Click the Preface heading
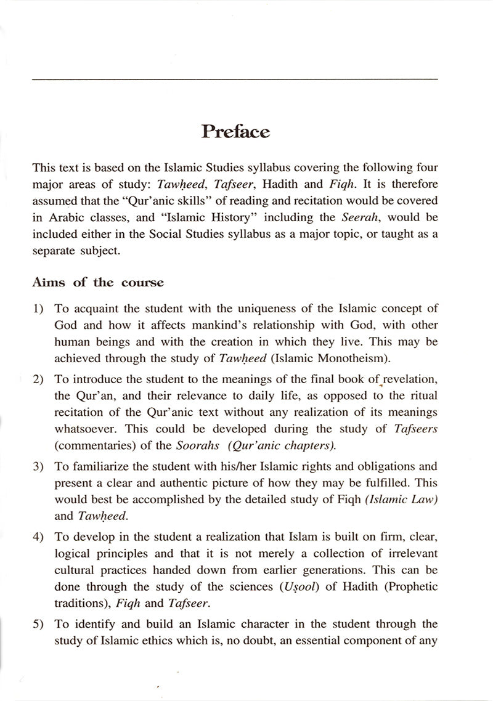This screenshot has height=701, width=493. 235,132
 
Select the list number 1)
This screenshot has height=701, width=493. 39,308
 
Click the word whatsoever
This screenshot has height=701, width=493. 84,429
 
